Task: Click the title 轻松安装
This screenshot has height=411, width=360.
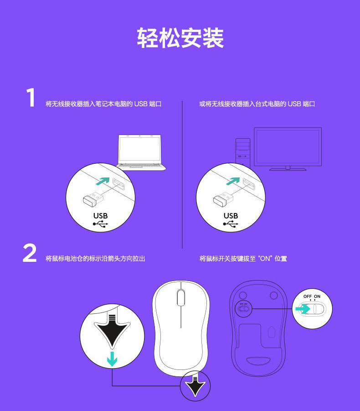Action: point(180,38)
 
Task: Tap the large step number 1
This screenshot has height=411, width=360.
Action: point(31,98)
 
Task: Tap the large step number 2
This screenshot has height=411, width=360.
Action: point(30,253)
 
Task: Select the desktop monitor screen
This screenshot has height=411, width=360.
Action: point(288,147)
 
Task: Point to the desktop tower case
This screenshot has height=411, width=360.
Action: point(243,152)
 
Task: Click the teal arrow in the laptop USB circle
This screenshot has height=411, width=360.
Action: point(103,181)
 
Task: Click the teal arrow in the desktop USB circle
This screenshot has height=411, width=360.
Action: point(233,181)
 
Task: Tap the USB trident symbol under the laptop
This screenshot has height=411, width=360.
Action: point(100,224)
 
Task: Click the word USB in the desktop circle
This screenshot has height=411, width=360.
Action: point(231,216)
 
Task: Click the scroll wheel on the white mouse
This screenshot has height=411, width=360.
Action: point(180,297)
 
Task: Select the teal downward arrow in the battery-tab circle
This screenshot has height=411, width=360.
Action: point(112,359)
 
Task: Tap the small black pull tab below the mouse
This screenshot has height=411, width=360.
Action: point(195,386)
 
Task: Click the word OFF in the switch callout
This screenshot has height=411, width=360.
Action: point(308,297)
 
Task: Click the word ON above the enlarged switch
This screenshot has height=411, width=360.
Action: point(317,297)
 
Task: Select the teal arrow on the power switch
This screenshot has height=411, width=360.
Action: point(303,309)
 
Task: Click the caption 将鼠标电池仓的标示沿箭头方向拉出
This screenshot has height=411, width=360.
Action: point(95,259)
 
